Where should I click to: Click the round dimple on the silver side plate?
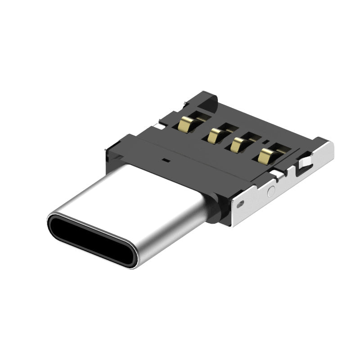pos(271,191)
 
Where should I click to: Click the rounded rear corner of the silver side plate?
pos(330,146)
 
